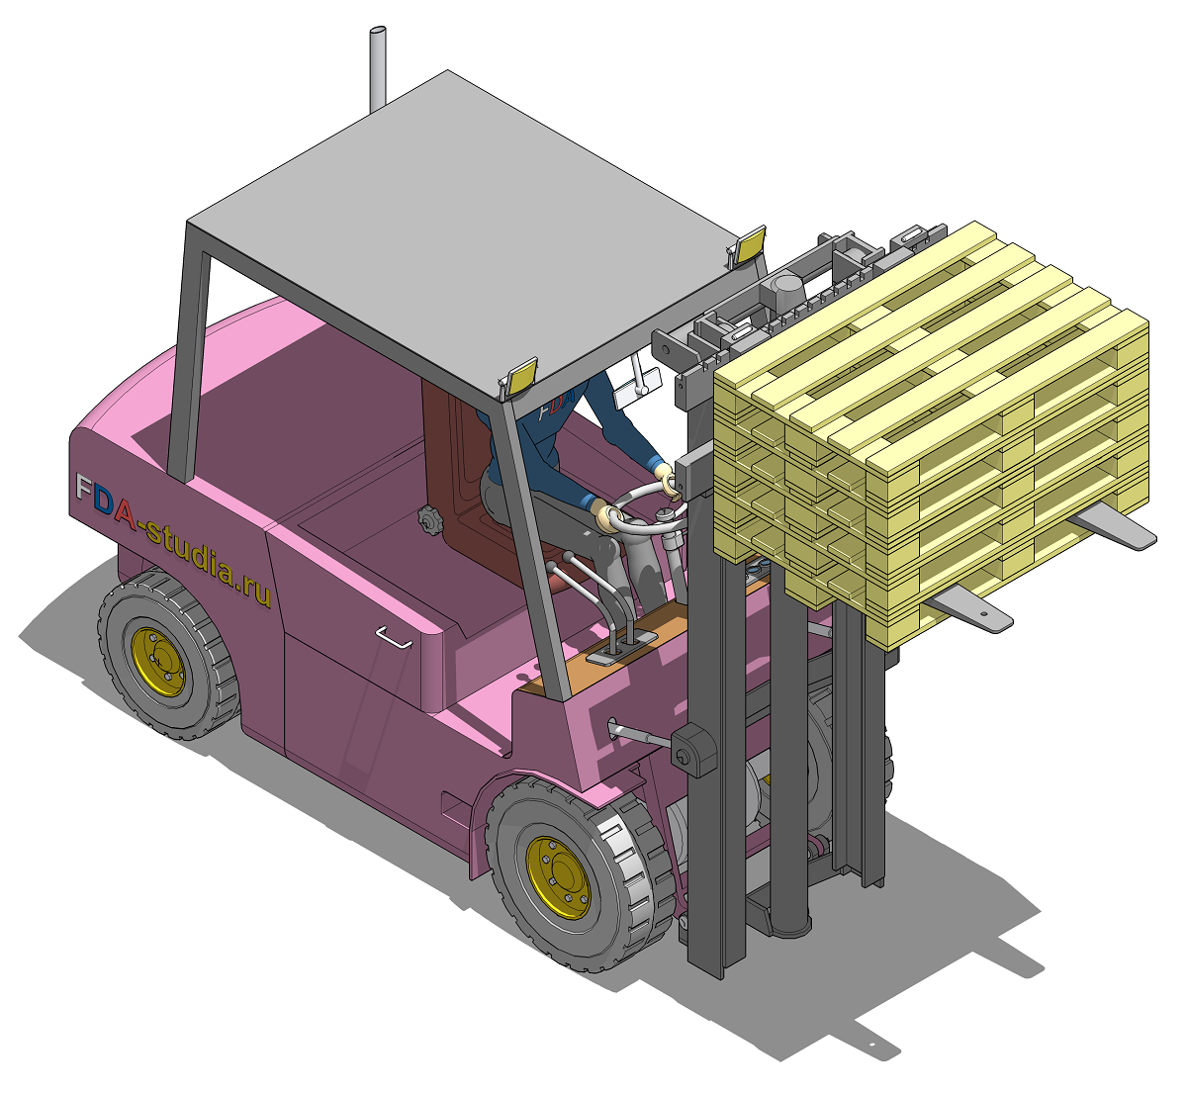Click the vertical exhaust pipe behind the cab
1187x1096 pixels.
coord(377,69)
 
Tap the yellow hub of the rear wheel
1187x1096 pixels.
coord(158,662)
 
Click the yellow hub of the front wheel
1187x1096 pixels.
coord(558,877)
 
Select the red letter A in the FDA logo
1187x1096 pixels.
coord(126,511)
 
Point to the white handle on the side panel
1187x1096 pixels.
coord(394,637)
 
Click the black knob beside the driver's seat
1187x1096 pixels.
coord(428,519)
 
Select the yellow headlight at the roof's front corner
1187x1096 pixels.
coord(520,377)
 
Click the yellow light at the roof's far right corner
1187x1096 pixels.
coord(748,244)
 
